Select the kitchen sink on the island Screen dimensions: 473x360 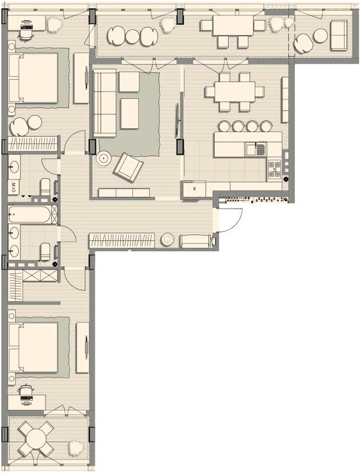tap(252, 148)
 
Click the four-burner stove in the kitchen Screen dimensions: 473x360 tap(275, 169)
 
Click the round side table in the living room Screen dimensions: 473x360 tap(104, 158)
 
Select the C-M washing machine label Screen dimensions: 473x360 tap(13, 188)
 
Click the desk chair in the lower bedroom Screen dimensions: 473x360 tap(25, 391)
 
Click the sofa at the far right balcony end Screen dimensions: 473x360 tap(339, 35)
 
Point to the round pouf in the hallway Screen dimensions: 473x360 tap(168, 240)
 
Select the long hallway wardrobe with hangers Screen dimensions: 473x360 tap(122, 241)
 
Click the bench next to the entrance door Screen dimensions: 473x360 tap(194, 241)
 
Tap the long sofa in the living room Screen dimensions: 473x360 tap(105, 102)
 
